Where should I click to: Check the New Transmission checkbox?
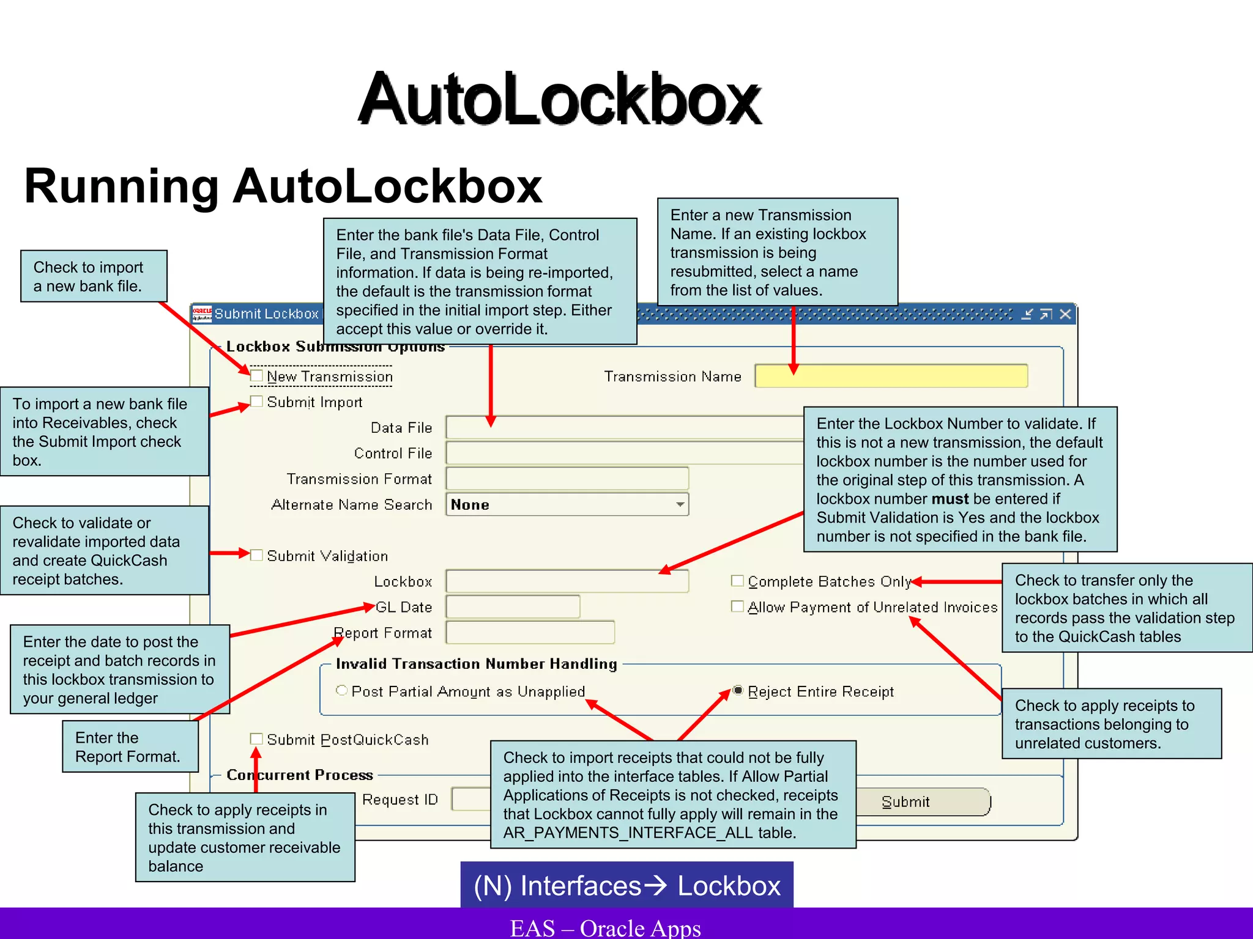(257, 375)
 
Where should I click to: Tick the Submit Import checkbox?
(257, 402)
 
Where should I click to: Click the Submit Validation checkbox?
(257, 555)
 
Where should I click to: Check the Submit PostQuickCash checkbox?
(257, 739)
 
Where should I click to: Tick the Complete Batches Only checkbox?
(737, 581)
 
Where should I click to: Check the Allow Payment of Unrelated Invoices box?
(737, 606)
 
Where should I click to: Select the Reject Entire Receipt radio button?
(738, 691)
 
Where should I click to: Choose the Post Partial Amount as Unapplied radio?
(342, 691)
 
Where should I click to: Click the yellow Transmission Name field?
(891, 376)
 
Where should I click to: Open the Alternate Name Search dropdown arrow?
(680, 504)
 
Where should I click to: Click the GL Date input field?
(513, 607)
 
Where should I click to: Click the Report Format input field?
(530, 633)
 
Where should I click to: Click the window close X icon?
(1065, 314)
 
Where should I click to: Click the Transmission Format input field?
(567, 479)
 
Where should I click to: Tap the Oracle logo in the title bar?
(202, 314)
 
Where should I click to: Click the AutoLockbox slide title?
(559, 99)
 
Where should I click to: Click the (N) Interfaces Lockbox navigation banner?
(626, 885)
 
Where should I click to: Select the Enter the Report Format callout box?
(130, 746)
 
